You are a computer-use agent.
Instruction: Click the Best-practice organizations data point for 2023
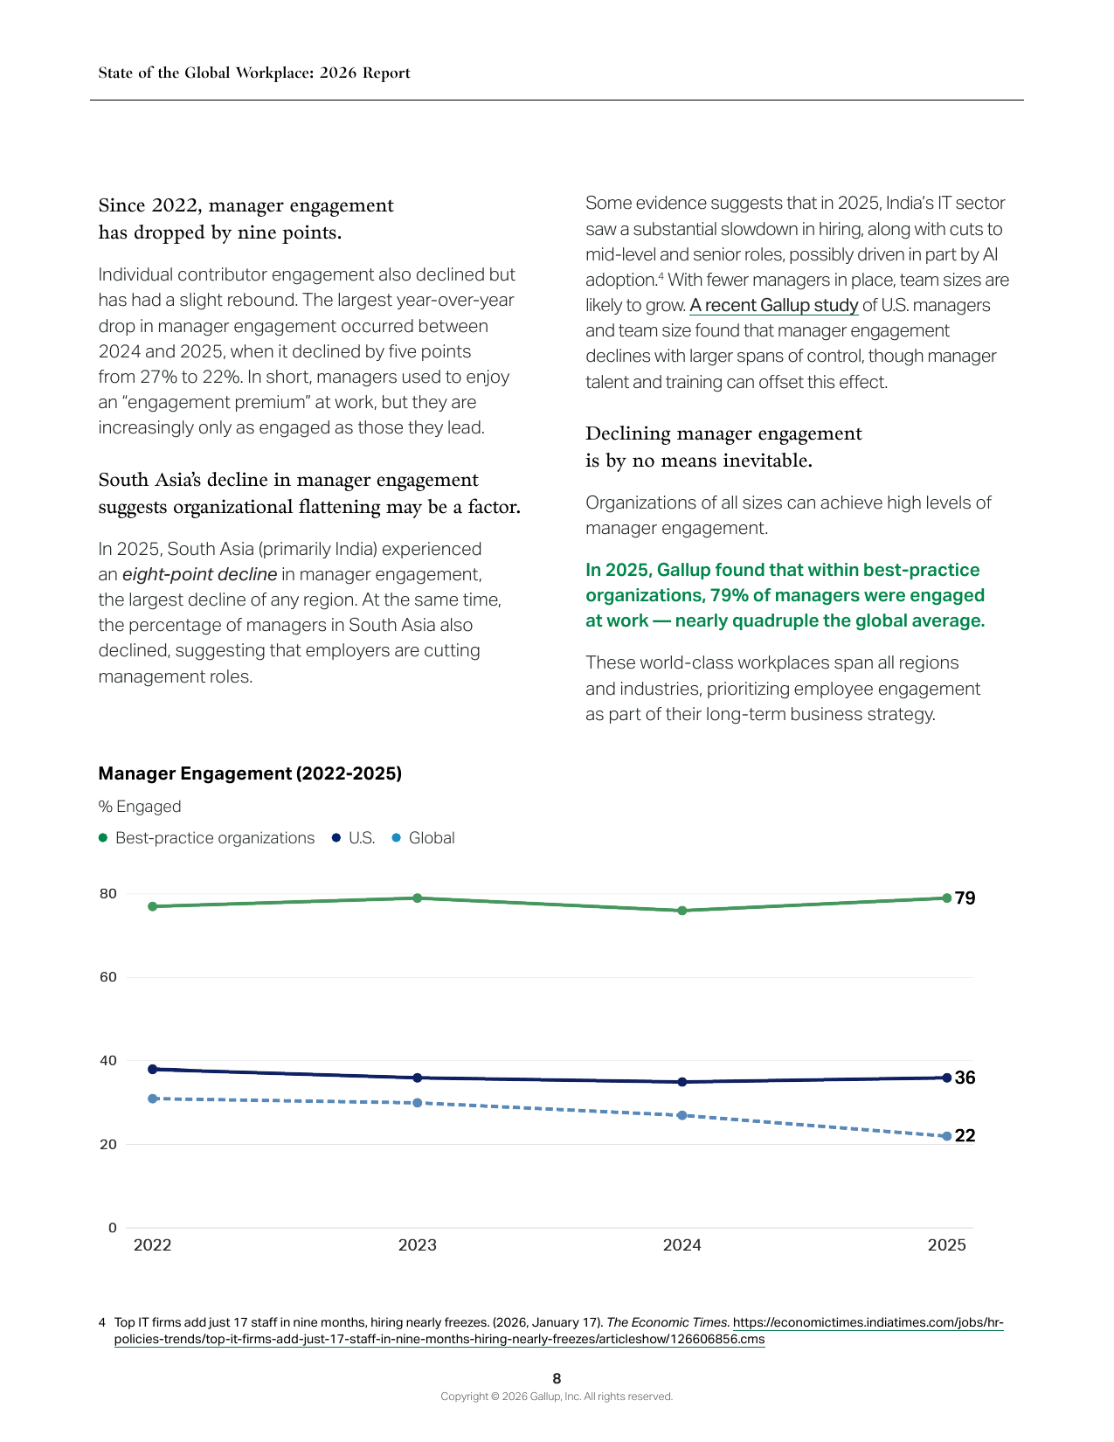(x=418, y=898)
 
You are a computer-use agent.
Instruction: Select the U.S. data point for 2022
(x=153, y=1069)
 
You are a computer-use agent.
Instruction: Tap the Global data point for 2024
(x=682, y=1115)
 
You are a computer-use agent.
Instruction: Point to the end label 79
(x=965, y=898)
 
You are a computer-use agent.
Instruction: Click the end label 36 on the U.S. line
(x=965, y=1078)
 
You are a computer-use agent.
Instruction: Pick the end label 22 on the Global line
(x=965, y=1135)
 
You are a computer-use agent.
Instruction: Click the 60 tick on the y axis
(x=108, y=977)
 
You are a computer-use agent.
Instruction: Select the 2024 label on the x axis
(x=682, y=1244)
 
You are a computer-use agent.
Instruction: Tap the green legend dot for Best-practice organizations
(x=103, y=837)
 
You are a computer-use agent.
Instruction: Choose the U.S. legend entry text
(x=362, y=837)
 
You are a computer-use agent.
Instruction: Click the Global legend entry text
(x=432, y=837)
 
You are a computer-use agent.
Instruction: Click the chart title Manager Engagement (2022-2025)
(x=250, y=773)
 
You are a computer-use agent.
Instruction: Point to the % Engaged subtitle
(x=139, y=807)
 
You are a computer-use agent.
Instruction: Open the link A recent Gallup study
(x=773, y=305)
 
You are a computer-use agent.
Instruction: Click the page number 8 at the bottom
(x=557, y=1378)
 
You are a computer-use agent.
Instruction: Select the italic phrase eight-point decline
(x=200, y=574)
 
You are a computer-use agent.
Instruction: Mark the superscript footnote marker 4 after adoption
(x=661, y=274)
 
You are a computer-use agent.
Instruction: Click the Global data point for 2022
(x=153, y=1099)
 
